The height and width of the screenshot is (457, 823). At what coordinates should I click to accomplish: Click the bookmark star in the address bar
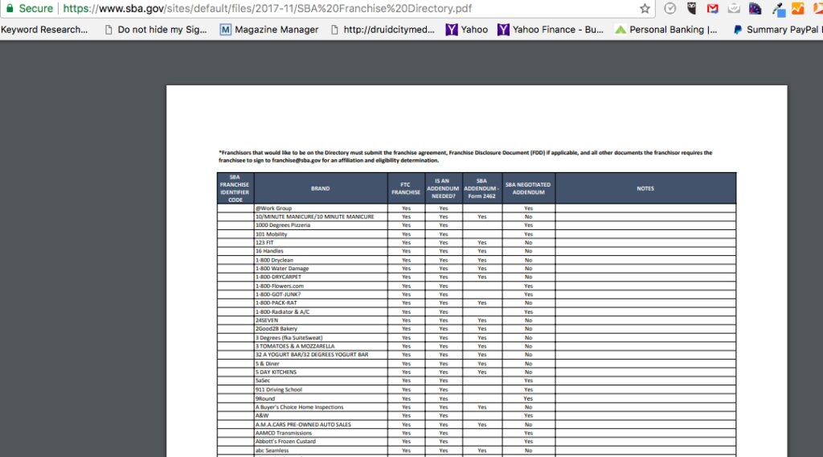coord(645,9)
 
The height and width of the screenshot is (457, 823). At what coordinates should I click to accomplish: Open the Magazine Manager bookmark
coord(269,30)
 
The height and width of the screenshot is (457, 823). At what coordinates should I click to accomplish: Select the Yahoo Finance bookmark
coord(551,30)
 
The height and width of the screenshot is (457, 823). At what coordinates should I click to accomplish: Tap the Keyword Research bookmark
coord(44,30)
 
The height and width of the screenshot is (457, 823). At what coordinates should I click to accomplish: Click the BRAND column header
coord(320,188)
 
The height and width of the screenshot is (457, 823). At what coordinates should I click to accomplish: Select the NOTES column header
coord(645,188)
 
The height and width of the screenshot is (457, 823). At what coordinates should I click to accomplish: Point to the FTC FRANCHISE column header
coord(406,188)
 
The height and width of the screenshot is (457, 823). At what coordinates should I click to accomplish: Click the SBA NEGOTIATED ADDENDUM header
coord(528,188)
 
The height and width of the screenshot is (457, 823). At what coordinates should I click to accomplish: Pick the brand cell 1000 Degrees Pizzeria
coord(283,225)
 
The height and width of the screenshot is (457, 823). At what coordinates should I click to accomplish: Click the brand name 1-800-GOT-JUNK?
coord(278,294)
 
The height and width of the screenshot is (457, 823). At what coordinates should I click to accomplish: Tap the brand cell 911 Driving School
coord(279,389)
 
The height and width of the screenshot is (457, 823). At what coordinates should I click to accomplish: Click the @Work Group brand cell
coord(274,208)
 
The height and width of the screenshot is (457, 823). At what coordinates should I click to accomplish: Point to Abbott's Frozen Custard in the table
coord(285,442)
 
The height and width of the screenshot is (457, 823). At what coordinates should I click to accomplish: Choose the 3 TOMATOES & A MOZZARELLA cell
coord(295,346)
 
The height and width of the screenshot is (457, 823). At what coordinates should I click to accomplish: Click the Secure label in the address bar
coord(35,9)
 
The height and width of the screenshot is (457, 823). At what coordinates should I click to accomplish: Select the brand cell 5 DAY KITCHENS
coord(276,373)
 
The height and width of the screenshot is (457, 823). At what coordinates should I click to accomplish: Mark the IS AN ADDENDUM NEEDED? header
coord(443,188)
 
